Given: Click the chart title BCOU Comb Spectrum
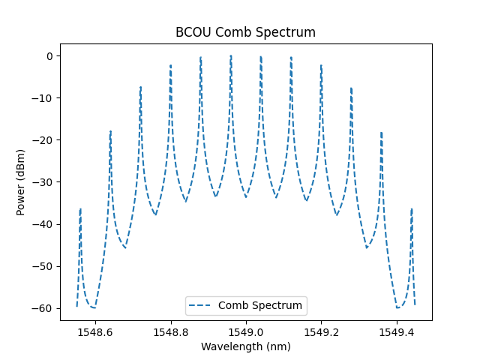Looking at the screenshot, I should tap(245, 33).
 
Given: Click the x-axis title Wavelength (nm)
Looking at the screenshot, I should tap(245, 346).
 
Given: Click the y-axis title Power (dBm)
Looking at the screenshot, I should tap(21, 182).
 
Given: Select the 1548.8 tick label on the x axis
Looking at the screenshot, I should tap(171, 331).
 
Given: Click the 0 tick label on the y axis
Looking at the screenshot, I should tap(49, 56).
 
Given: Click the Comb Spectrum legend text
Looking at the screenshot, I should tap(260, 305).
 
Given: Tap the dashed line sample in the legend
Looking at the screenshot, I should tap(202, 305).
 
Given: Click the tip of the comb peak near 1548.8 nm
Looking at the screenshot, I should tap(170, 65).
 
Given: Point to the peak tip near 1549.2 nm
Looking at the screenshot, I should tap(321, 65).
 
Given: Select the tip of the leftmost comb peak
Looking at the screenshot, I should tap(80, 208).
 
